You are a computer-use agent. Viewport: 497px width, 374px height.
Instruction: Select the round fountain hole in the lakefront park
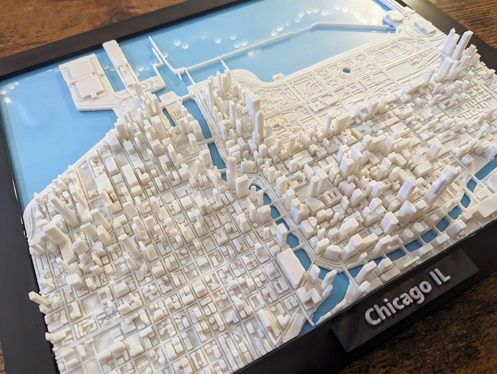346,70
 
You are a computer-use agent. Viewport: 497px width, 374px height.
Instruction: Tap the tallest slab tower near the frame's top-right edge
462,44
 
